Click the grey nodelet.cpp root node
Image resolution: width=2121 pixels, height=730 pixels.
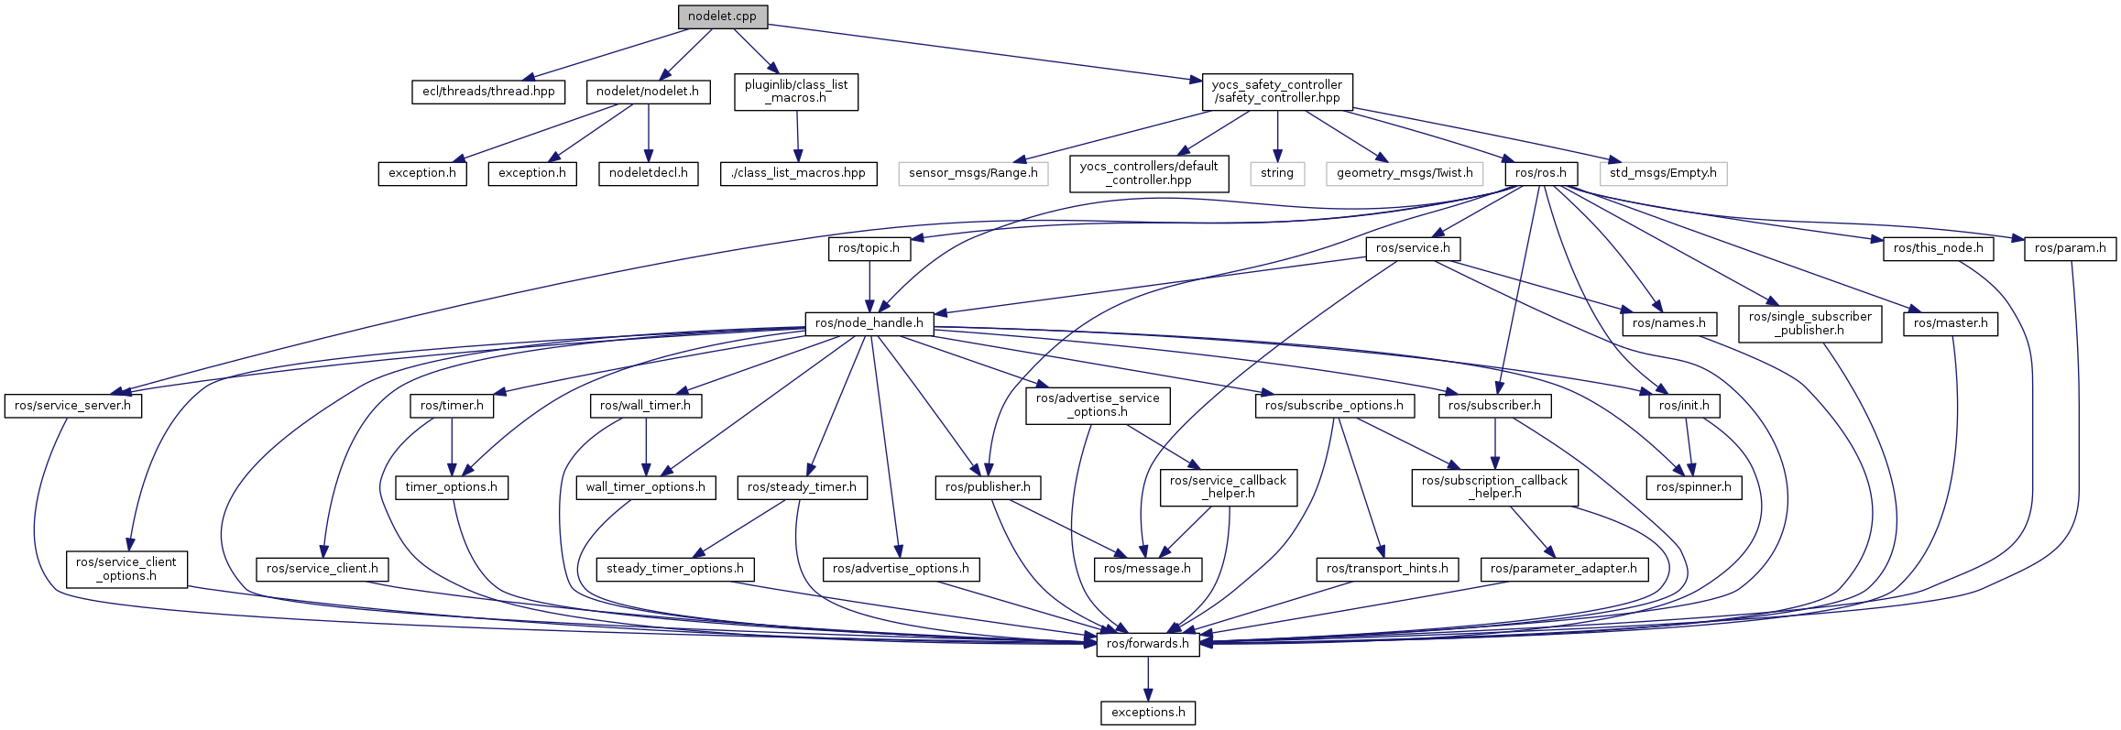click(722, 16)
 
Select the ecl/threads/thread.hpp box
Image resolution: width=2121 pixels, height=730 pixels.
click(488, 92)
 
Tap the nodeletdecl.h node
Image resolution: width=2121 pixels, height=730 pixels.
click(648, 173)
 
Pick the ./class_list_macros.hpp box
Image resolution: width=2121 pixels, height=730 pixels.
click(799, 173)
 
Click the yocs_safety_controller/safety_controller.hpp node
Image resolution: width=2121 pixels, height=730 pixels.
click(1276, 92)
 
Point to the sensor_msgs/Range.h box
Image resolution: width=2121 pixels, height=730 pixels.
click(973, 173)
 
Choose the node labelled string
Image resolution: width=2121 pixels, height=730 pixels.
click(1276, 173)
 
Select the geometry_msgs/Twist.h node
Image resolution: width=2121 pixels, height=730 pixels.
click(1405, 173)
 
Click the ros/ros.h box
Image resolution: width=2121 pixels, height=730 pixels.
click(1540, 173)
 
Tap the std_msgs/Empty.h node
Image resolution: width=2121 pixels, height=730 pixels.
click(1663, 173)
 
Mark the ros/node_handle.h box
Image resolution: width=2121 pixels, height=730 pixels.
click(869, 323)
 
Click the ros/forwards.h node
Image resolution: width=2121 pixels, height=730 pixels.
click(1148, 644)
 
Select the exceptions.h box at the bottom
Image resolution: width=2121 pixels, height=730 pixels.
click(1148, 713)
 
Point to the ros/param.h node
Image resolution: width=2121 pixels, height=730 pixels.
click(2070, 248)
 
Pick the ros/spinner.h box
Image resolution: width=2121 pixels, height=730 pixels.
click(1693, 487)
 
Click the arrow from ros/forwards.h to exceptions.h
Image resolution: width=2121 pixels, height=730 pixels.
click(1148, 678)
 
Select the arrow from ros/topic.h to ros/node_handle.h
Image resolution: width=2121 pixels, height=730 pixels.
click(869, 286)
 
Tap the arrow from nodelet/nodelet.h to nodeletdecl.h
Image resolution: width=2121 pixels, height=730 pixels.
click(648, 133)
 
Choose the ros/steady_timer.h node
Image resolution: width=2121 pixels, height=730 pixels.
click(802, 487)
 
